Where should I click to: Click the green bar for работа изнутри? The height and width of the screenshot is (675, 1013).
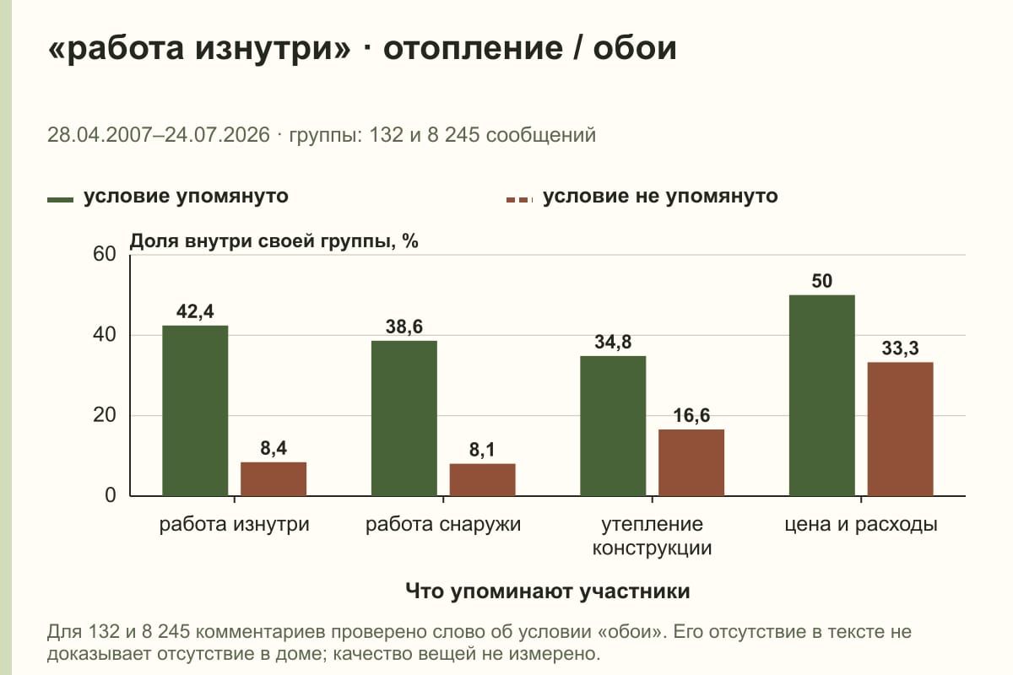[x=195, y=411]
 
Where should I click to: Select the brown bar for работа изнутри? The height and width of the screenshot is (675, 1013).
[x=274, y=478]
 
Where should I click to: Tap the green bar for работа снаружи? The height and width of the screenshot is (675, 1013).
[x=404, y=418]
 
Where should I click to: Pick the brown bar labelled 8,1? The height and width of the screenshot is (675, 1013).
[x=482, y=480]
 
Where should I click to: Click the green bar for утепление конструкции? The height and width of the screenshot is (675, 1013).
[x=613, y=426]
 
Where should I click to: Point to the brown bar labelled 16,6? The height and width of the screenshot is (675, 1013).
[x=691, y=462]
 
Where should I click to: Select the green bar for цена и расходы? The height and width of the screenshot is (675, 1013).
[x=821, y=396]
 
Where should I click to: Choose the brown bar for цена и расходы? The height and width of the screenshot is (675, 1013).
[x=900, y=429]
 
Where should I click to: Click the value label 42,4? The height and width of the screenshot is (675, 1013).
[x=195, y=311]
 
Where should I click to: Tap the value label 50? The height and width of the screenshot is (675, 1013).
[x=821, y=281]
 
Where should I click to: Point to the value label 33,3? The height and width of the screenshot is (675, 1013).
[x=900, y=348]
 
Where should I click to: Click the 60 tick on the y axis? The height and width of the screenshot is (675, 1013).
[x=105, y=254]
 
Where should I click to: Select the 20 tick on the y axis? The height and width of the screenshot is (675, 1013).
[x=105, y=415]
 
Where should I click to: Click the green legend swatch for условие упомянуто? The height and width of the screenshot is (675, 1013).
[x=60, y=200]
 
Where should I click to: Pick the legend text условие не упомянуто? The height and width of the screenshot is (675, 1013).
[x=660, y=197]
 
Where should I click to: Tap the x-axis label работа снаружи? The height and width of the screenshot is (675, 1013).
[x=443, y=525]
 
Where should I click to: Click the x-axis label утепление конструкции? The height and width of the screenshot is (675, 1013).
[x=652, y=536]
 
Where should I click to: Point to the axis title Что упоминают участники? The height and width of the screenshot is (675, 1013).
[x=548, y=591]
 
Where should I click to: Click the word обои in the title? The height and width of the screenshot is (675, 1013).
[x=635, y=48]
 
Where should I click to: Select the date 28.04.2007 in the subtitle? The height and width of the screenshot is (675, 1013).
[x=100, y=135]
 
